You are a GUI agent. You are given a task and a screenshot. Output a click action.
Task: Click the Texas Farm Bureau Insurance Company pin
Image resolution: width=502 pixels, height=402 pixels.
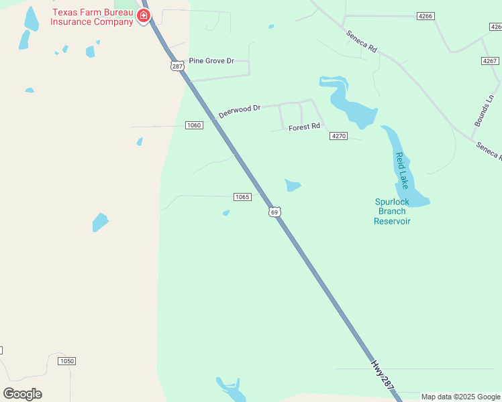143,15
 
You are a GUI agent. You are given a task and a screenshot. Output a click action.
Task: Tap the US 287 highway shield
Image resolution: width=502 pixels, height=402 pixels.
177,66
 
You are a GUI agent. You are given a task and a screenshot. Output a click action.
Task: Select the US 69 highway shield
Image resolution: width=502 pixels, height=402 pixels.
274,212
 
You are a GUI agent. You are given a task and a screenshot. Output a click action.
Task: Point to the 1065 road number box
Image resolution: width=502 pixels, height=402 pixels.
242,197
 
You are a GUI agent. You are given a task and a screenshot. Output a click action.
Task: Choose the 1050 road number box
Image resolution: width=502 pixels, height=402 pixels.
67,361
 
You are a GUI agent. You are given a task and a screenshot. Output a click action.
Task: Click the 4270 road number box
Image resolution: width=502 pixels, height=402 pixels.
338,136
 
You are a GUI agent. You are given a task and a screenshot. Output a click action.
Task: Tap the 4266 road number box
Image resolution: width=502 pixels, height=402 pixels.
425,15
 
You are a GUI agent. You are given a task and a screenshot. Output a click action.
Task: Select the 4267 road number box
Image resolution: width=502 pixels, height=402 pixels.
490,61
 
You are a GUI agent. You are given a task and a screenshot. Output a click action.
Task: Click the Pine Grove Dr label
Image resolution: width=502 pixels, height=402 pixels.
211,61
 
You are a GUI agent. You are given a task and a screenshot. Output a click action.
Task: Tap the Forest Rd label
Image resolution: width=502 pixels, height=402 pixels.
304,127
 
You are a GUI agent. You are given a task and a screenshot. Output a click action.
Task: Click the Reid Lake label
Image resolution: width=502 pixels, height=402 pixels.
401,170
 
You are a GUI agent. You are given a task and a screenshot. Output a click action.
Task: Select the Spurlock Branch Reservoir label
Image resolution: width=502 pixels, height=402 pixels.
392,211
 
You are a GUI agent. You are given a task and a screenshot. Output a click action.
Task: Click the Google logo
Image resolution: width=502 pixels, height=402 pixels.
22,393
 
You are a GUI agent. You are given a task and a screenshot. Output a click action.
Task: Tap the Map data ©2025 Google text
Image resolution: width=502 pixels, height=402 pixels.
460,397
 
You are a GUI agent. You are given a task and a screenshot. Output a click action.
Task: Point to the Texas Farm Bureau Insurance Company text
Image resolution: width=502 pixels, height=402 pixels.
93,17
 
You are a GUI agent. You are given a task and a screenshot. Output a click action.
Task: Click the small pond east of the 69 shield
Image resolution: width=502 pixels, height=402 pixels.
293,185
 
